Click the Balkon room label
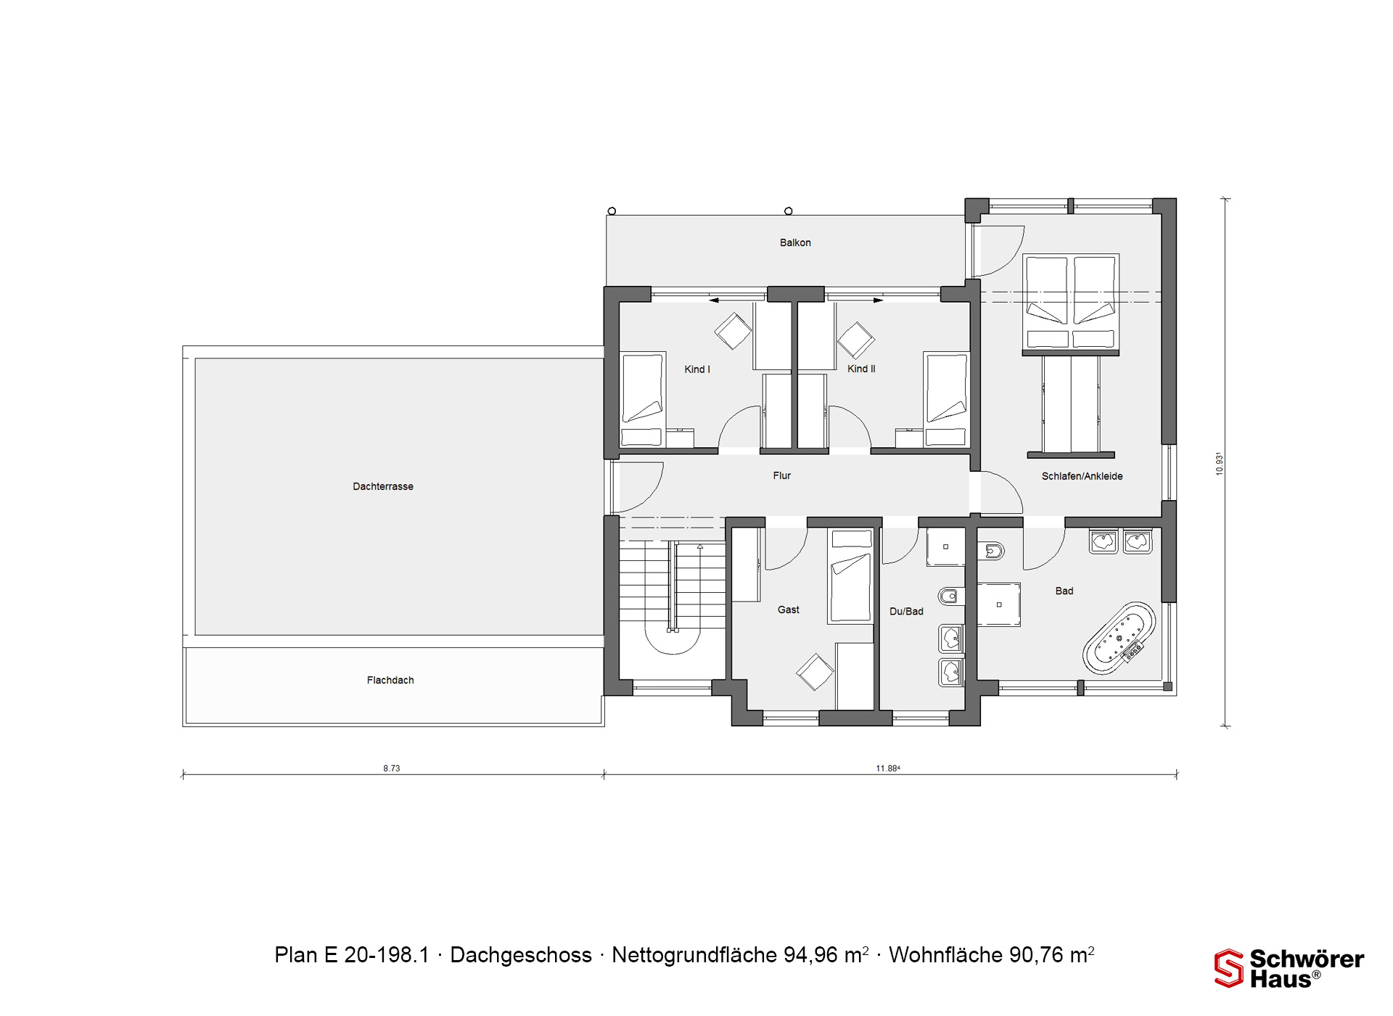[x=795, y=242]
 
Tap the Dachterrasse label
[x=383, y=486]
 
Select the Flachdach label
[x=390, y=680]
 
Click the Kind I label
[x=697, y=369]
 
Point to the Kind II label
[x=861, y=369]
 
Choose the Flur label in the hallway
[x=782, y=475]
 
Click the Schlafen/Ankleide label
[x=1082, y=476]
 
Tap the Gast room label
[x=789, y=610]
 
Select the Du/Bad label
[x=906, y=611]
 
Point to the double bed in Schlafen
[x=1070, y=303]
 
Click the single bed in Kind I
[x=643, y=399]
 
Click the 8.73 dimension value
[x=392, y=768]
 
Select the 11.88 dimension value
[x=888, y=768]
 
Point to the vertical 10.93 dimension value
[x=1220, y=464]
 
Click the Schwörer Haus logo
[x=1289, y=968]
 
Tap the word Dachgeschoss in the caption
[x=521, y=955]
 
